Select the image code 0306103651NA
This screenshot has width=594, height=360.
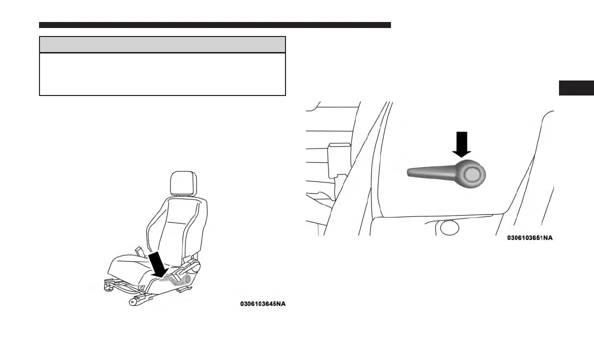point(529,238)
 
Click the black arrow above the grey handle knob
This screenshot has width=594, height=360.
point(462,144)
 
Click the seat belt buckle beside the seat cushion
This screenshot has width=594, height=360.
point(138,249)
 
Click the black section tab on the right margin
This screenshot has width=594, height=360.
point(576,88)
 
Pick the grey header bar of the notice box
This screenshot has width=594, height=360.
point(162,44)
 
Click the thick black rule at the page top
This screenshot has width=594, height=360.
point(214,25)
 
